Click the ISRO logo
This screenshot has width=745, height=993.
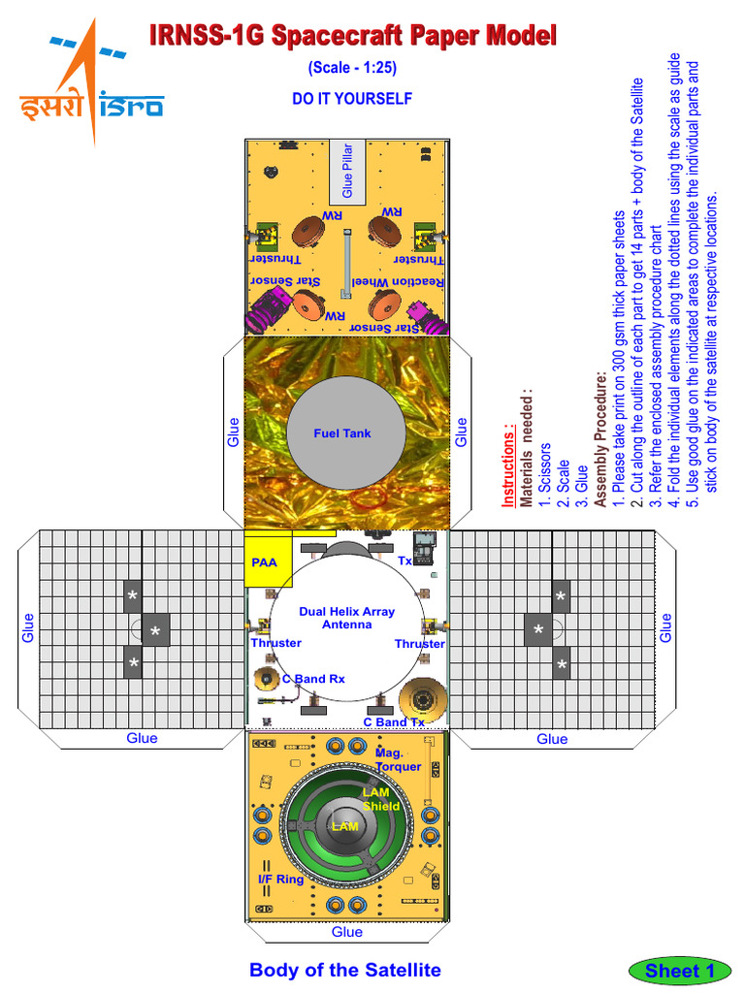pyautogui.click(x=91, y=82)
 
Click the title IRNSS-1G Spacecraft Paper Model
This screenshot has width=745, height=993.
pyautogui.click(x=353, y=38)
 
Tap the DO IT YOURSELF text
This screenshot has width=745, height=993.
pyautogui.click(x=352, y=99)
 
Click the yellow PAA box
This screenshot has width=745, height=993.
pyautogui.click(x=264, y=561)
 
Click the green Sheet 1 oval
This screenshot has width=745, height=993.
pyautogui.click(x=680, y=970)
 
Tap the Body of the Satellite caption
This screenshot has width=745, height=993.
pyautogui.click(x=345, y=970)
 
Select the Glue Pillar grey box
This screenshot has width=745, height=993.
pyautogui.click(x=348, y=172)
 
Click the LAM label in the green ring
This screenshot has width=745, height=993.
pyautogui.click(x=345, y=826)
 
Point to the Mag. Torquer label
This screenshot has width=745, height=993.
pyautogui.click(x=398, y=759)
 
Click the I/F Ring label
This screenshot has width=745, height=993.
pyautogui.click(x=280, y=880)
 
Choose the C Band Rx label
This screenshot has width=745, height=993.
pyautogui.click(x=312, y=679)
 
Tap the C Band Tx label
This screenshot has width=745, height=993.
pyautogui.click(x=394, y=722)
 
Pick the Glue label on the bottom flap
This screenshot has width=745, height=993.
pyautogui.click(x=346, y=932)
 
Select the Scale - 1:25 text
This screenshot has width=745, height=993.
pyautogui.click(x=352, y=69)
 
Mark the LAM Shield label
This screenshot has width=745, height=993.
pyautogui.click(x=380, y=799)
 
